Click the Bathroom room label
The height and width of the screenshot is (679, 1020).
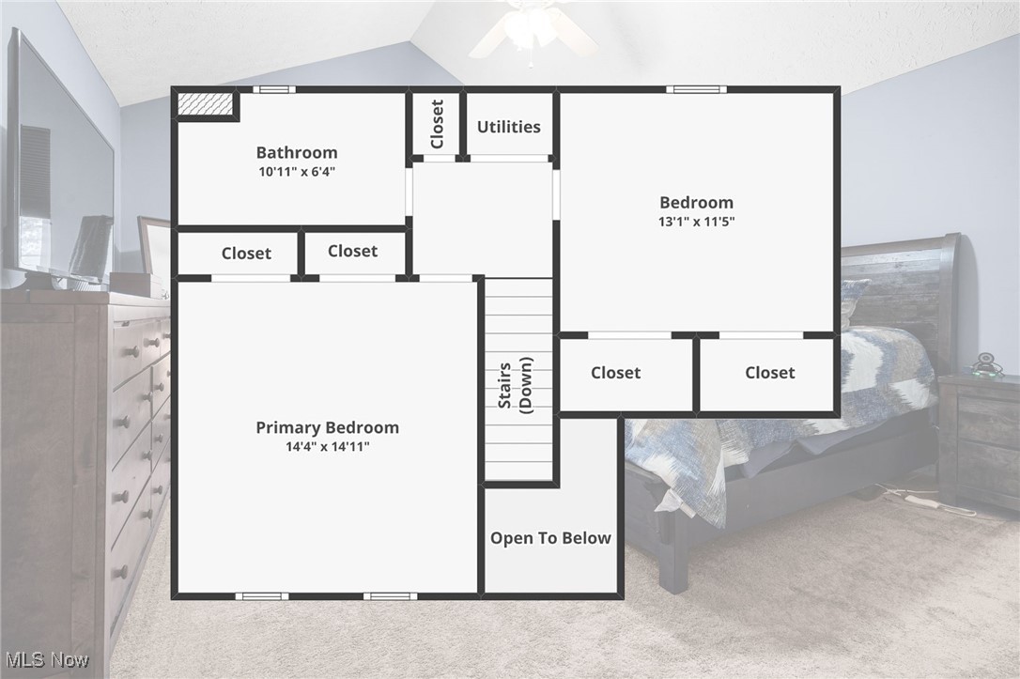click(x=297, y=152)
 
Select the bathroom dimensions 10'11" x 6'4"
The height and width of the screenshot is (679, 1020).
click(x=297, y=172)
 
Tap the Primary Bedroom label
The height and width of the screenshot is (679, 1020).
click(x=327, y=427)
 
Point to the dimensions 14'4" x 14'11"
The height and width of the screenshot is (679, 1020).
click(x=327, y=447)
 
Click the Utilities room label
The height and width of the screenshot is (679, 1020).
click(x=508, y=127)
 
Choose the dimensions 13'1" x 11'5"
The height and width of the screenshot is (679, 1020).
click(x=696, y=222)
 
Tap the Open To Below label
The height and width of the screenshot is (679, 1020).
click(x=550, y=538)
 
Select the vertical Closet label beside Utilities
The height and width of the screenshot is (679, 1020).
click(x=437, y=124)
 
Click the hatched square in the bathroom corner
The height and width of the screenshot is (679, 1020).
click(x=205, y=104)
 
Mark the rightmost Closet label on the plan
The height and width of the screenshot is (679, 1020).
click(x=769, y=373)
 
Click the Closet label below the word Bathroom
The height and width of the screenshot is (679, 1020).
click(x=246, y=254)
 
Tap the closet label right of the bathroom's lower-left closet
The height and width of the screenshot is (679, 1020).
click(x=352, y=251)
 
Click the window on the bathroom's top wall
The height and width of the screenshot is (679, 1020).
click(x=273, y=90)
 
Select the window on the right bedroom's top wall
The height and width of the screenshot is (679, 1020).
click(x=696, y=90)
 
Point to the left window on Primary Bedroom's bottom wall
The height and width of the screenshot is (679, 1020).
click(x=261, y=596)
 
